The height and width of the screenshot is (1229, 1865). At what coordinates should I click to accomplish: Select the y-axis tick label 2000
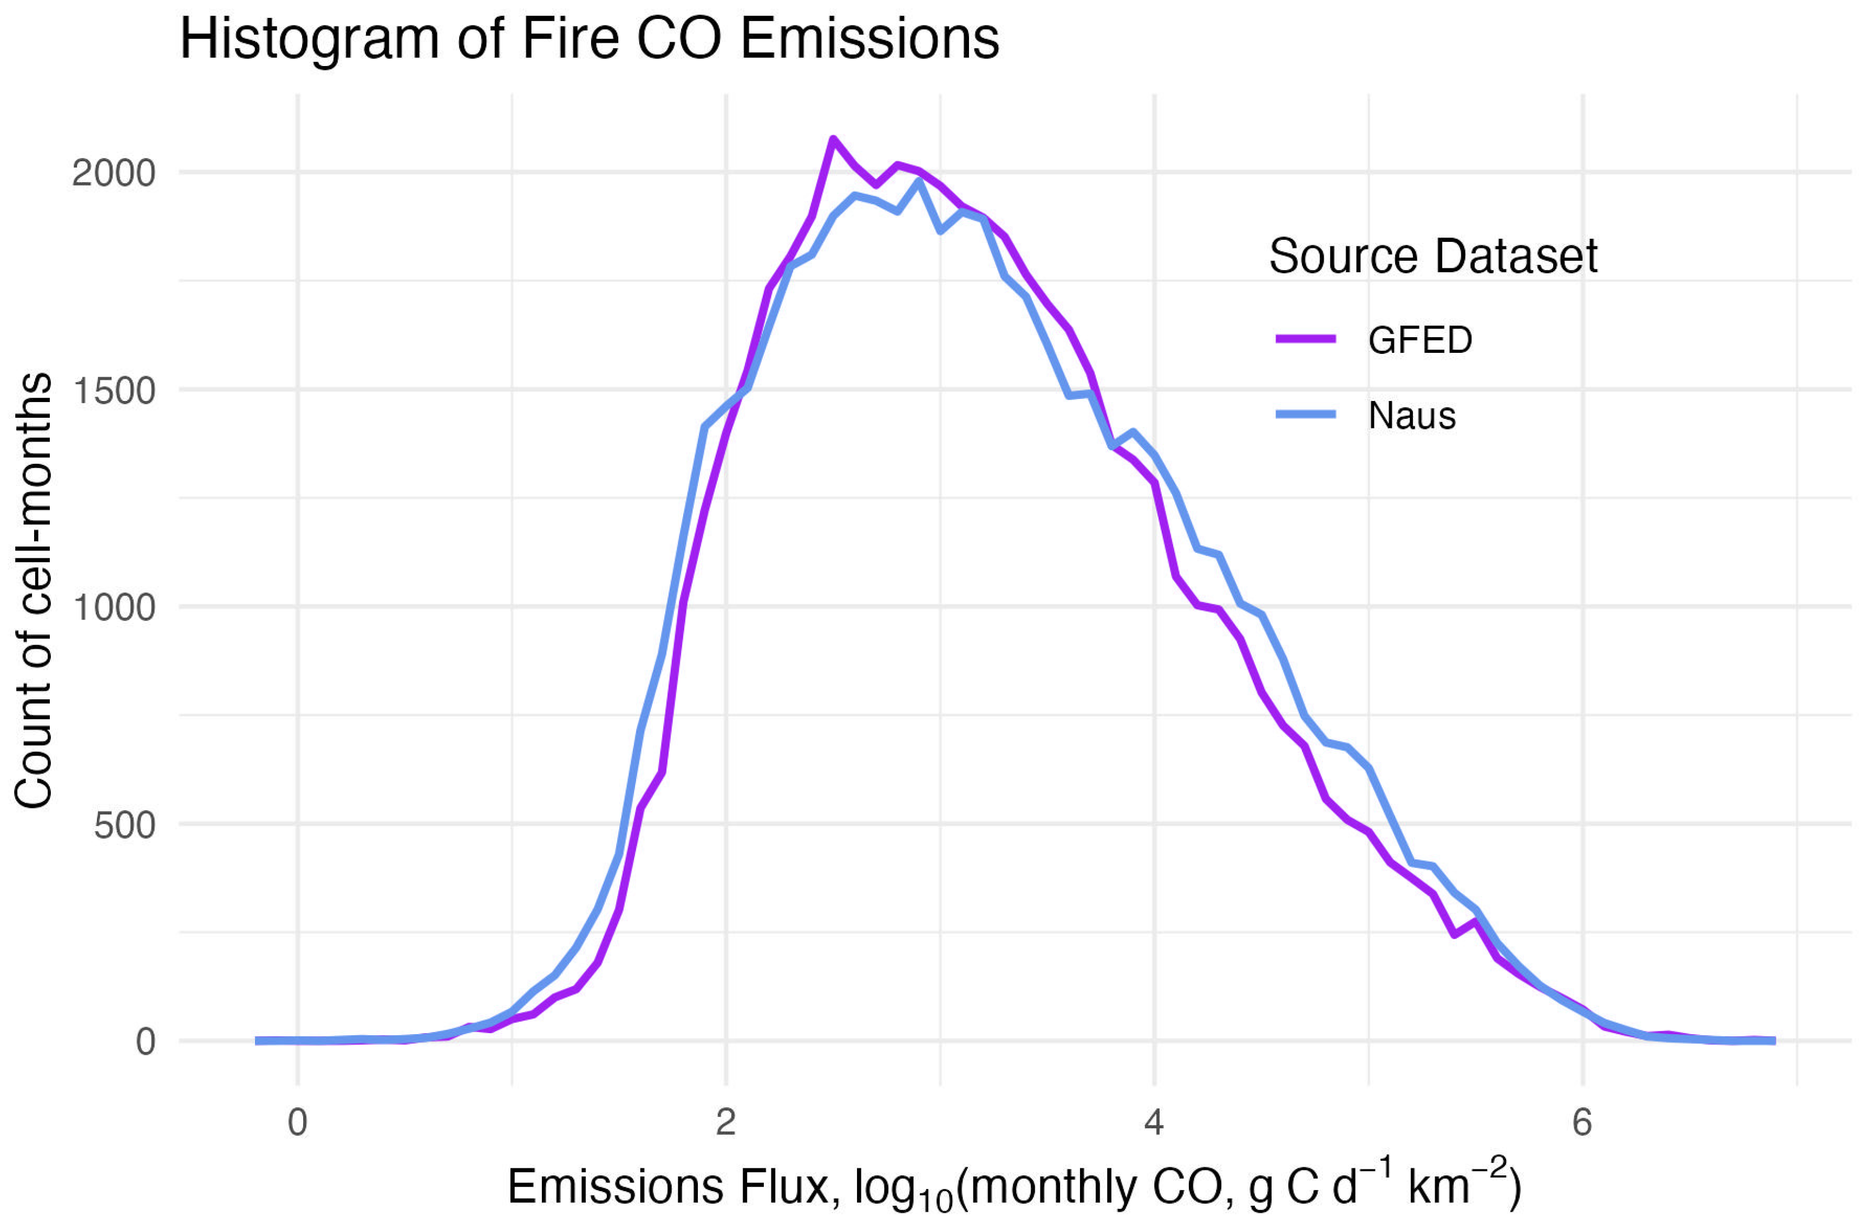tap(114, 173)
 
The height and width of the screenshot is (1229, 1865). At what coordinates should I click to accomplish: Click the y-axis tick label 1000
tap(114, 607)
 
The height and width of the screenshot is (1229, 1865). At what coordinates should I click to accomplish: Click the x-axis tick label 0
tap(297, 1123)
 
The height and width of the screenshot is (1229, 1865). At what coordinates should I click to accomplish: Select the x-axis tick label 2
tap(726, 1123)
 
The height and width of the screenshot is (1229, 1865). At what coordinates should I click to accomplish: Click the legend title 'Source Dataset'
tap(1432, 257)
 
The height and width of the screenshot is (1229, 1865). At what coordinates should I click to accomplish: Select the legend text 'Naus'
tap(1411, 416)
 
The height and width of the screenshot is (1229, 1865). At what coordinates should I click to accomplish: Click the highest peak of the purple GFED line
tap(833, 140)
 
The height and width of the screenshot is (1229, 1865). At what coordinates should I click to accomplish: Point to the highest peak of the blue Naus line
tap(919, 182)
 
